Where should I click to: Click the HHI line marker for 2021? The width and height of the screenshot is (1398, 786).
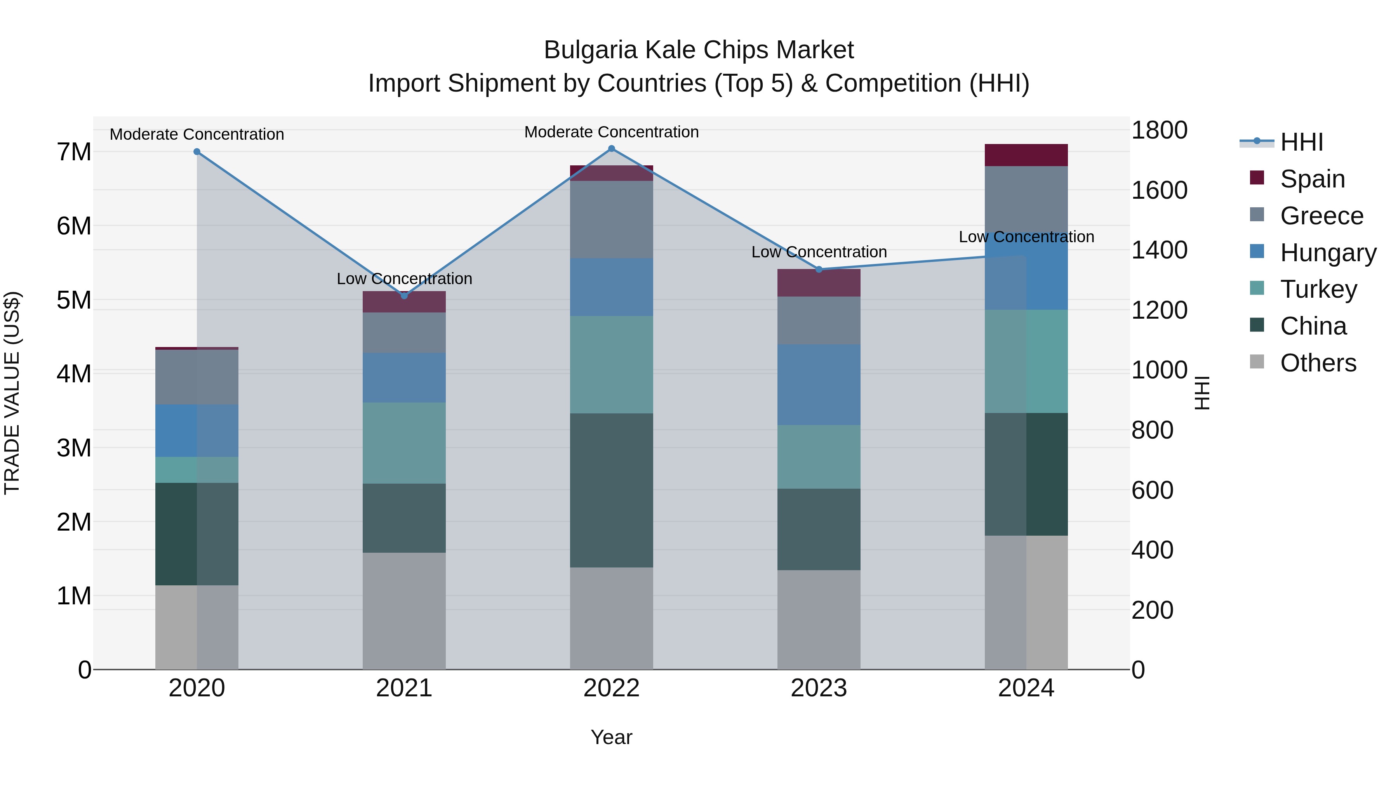(404, 296)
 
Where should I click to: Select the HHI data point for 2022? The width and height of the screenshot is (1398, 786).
(612, 149)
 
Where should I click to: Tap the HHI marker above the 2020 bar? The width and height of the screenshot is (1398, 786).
(197, 152)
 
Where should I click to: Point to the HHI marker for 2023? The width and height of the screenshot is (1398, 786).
(819, 270)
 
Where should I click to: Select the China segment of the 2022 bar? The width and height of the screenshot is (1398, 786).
(612, 490)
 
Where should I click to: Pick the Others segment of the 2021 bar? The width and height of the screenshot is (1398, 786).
(404, 611)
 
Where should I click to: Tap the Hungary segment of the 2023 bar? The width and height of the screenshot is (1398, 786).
(819, 385)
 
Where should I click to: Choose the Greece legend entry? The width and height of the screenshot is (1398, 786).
(1321, 216)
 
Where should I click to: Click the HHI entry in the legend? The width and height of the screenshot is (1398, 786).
(1301, 142)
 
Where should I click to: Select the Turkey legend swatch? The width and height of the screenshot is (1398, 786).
(1257, 288)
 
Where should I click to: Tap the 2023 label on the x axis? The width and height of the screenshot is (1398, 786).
(819, 688)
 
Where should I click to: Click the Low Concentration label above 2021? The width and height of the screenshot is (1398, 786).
(404, 279)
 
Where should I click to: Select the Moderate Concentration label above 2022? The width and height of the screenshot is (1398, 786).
(612, 132)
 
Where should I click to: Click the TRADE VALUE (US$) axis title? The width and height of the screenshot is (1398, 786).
(12, 393)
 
